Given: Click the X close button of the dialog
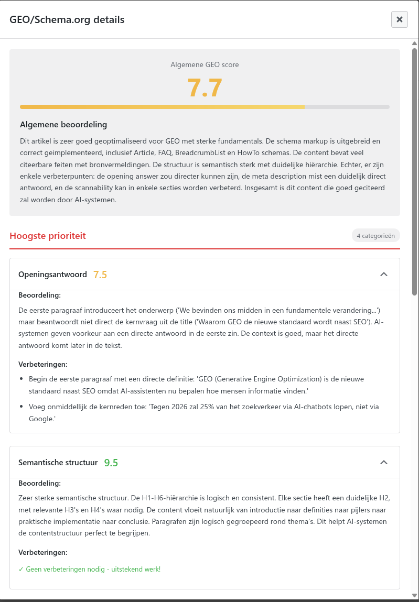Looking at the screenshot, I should click(x=399, y=19).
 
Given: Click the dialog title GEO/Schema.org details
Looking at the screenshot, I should click(x=67, y=20).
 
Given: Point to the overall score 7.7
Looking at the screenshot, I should click(x=205, y=87).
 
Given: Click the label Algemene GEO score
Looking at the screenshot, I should click(x=205, y=64).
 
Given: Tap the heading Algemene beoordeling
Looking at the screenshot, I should click(x=63, y=125).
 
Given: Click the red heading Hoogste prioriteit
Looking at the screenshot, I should click(x=48, y=236).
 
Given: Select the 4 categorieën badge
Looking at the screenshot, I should click(x=375, y=236).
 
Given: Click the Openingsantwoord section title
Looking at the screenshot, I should click(x=52, y=275).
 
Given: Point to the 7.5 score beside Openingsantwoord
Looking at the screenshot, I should click(x=100, y=275).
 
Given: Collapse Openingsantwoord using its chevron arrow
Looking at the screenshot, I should click(x=383, y=274).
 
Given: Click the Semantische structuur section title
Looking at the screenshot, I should click(x=58, y=463).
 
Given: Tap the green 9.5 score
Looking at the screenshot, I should click(x=111, y=463).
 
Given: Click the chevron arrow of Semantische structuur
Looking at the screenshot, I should click(x=383, y=462).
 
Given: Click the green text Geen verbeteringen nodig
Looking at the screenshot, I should click(x=89, y=569).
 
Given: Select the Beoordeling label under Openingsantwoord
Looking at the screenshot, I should click(x=39, y=295).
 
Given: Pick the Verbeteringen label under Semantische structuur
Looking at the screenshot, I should click(x=42, y=552).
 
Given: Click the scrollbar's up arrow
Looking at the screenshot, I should click(x=414, y=43).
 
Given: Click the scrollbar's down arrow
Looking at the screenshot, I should click(x=414, y=595).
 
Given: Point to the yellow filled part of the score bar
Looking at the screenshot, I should click(x=163, y=107).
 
